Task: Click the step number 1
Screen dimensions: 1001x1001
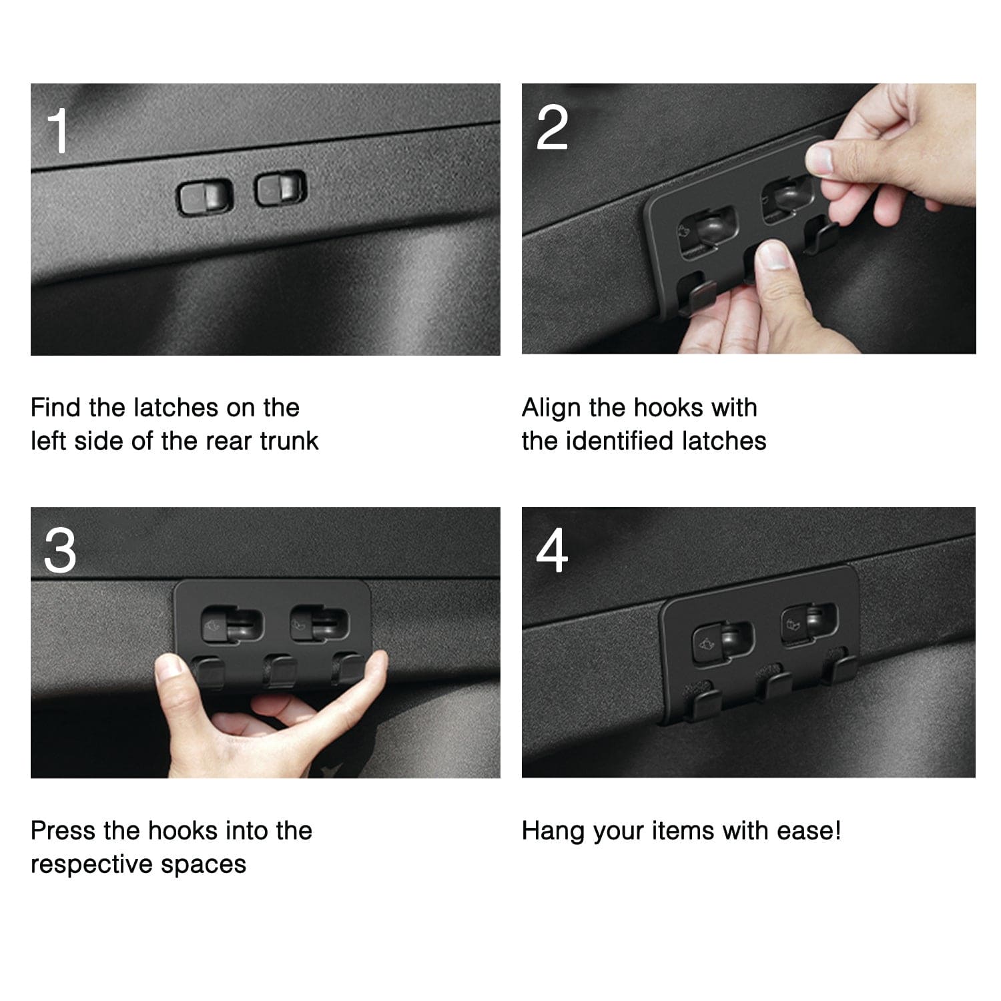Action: [59, 131]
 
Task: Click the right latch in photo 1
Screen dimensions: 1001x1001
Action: [281, 187]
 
